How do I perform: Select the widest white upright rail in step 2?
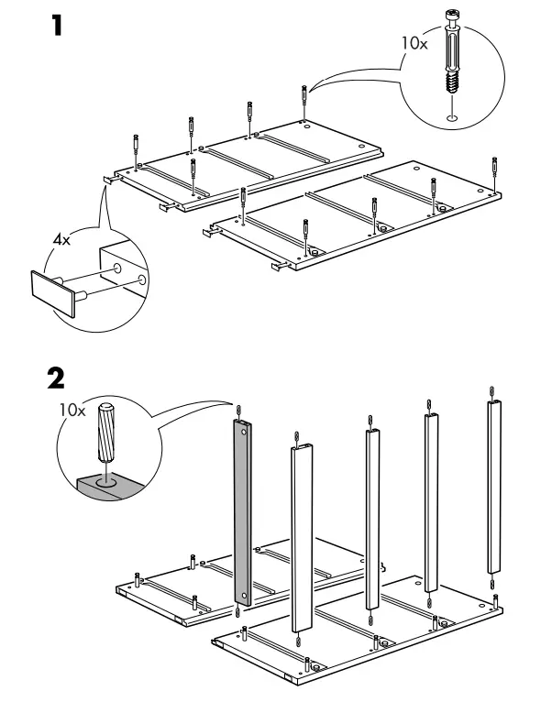(x=304, y=537)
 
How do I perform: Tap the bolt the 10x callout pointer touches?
(x=304, y=94)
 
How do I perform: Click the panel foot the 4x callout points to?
(x=107, y=181)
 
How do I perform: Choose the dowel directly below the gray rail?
(x=239, y=613)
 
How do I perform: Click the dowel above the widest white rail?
(x=296, y=435)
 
